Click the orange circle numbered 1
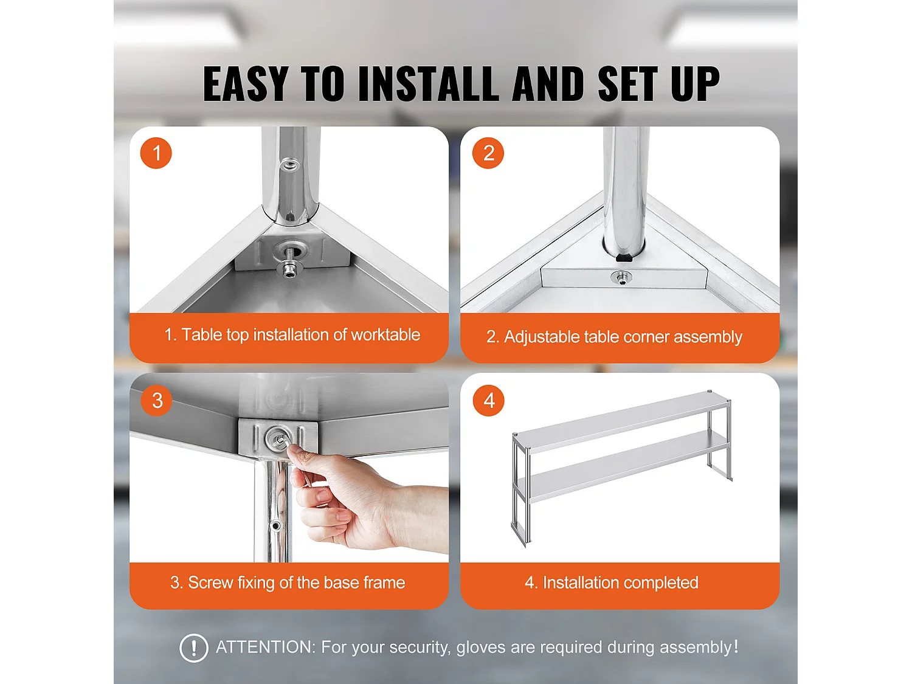pos(156,153)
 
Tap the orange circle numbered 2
pos(488,153)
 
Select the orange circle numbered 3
pos(157,400)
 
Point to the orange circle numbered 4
pos(489,400)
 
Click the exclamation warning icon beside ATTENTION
pos(193,648)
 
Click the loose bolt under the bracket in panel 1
pos(289,269)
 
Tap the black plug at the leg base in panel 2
pos(624,257)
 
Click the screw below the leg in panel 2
pos(621,277)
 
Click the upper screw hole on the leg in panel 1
pos(289,165)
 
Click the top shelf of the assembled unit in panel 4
pos(621,421)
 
